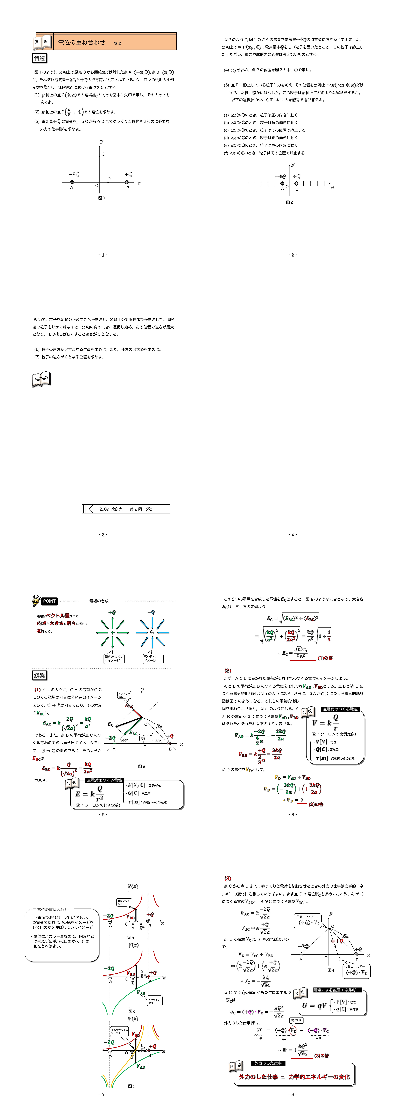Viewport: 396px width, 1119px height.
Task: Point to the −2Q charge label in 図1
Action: (x=73, y=174)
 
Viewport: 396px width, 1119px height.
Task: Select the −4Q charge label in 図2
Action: (x=280, y=176)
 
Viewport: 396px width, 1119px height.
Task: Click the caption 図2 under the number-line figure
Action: (x=290, y=202)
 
